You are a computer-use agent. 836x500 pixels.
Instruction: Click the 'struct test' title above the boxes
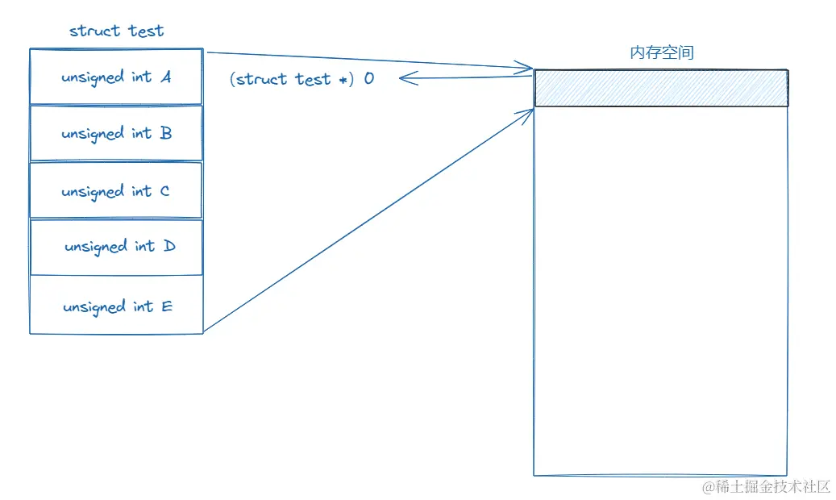116,31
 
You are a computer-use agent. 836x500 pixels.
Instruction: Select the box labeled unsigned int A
115,77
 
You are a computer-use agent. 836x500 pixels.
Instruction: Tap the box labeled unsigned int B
115,133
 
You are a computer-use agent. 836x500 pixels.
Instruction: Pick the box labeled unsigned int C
115,191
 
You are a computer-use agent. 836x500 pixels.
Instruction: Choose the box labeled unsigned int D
115,247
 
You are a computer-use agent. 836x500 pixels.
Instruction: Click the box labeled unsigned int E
115,306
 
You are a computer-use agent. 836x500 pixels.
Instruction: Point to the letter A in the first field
165,77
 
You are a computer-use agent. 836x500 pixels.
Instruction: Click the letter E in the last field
167,306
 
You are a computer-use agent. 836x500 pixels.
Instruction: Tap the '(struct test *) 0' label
302,79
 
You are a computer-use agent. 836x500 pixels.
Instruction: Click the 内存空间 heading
661,53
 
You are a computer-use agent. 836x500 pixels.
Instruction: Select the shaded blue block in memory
661,88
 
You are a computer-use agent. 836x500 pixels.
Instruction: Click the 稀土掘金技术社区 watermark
765,486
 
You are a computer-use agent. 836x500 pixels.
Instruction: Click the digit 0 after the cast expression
368,79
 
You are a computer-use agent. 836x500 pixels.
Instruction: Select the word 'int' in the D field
144,246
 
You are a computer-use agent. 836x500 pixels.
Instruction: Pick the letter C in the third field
164,191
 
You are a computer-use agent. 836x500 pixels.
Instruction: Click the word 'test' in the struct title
146,31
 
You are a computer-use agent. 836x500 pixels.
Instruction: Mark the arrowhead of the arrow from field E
529,114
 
